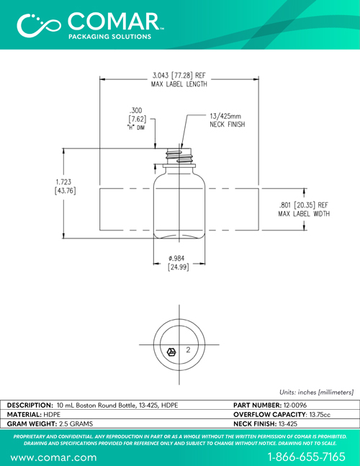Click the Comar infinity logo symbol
[38, 25]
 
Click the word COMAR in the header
[114, 22]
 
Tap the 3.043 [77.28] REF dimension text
[179, 76]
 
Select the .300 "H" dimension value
[137, 115]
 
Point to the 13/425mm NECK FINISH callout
[228, 120]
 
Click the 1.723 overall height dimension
[66, 187]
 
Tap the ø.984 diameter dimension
[179, 263]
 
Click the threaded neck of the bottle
[179, 156]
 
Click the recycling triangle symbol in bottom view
[171, 352]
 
